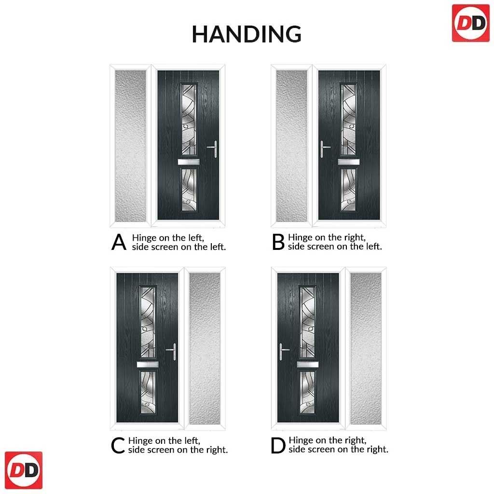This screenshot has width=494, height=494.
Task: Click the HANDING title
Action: (x=247, y=34)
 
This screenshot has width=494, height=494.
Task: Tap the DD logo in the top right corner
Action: (x=471, y=23)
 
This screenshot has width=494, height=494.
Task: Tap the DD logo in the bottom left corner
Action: (x=24, y=470)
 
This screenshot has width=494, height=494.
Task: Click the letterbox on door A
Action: (x=189, y=162)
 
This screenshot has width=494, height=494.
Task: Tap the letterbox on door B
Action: (x=349, y=162)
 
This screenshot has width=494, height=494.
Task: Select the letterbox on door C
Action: (x=148, y=365)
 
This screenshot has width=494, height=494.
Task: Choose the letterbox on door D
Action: (x=308, y=365)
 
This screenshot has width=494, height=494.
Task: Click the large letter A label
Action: (x=119, y=242)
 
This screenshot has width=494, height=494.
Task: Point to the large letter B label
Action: (x=278, y=242)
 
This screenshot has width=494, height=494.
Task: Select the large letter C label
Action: (x=118, y=445)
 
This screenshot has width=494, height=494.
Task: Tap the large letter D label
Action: (x=278, y=445)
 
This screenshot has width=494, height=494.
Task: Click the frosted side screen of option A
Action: (x=130, y=146)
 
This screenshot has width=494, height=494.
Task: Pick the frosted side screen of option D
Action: (x=366, y=348)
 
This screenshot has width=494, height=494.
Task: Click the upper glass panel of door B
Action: (x=349, y=119)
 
